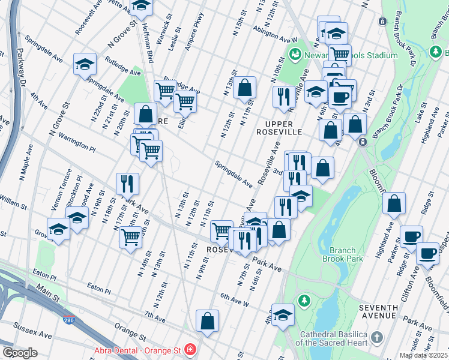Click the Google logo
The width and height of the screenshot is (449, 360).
pyautogui.click(x=19, y=353)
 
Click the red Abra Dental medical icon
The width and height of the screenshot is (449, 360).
pyautogui.click(x=190, y=349)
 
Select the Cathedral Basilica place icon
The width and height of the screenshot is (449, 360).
pyautogui.click(x=376, y=338)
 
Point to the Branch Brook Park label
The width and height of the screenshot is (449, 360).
pyautogui.click(x=343, y=254)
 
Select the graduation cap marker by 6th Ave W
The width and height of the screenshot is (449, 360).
pyautogui.click(x=283, y=314)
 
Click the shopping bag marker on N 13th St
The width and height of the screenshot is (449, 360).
pyautogui.click(x=245, y=87)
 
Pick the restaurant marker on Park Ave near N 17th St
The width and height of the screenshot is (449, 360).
pyautogui.click(x=127, y=183)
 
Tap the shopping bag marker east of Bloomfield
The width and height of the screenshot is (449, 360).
pyautogui.click(x=394, y=204)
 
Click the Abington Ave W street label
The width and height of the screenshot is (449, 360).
pyautogui.click(x=275, y=36)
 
